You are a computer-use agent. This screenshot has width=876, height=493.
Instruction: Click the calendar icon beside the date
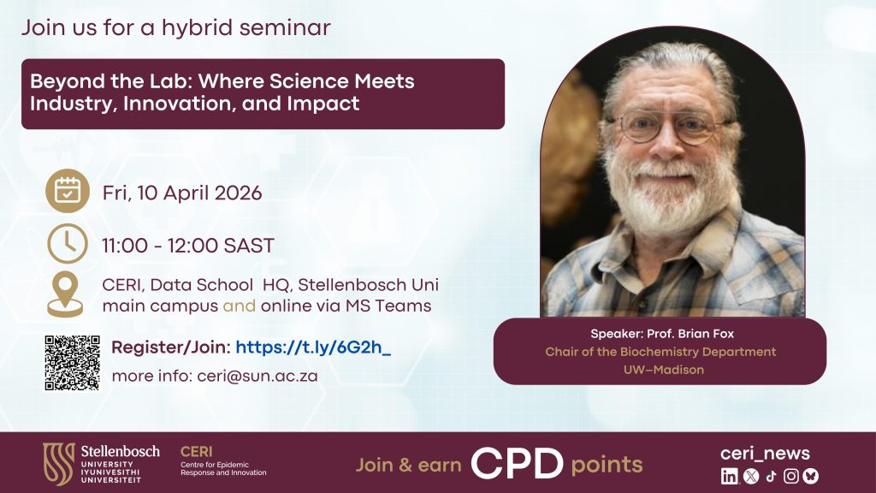tap(68, 191)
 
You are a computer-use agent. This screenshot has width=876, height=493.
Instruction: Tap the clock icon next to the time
tap(68, 244)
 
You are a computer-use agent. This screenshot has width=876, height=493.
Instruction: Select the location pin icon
tap(65, 294)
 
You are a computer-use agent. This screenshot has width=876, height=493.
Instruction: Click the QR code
tap(73, 363)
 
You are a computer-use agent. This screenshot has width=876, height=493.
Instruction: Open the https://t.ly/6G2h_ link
tap(313, 347)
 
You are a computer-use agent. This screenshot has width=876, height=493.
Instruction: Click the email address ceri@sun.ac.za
tap(257, 377)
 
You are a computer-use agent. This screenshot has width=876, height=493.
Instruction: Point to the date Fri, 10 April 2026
tap(182, 193)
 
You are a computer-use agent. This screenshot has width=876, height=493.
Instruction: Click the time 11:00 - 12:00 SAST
tap(187, 246)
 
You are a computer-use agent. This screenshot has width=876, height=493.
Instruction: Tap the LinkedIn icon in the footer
tap(729, 476)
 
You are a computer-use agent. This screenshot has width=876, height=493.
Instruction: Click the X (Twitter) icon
tap(751, 476)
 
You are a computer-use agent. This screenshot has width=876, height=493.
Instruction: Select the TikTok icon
tap(771, 476)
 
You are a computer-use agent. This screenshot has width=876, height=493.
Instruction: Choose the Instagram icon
tap(791, 476)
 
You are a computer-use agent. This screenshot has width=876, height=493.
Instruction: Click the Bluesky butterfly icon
tap(811, 476)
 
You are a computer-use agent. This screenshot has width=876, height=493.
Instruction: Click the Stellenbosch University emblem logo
tap(59, 463)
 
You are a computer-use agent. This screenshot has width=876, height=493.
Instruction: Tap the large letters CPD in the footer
tap(518, 464)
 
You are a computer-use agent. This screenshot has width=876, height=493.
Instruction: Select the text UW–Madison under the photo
tap(664, 370)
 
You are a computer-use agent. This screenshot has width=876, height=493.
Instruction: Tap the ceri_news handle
tap(765, 454)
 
